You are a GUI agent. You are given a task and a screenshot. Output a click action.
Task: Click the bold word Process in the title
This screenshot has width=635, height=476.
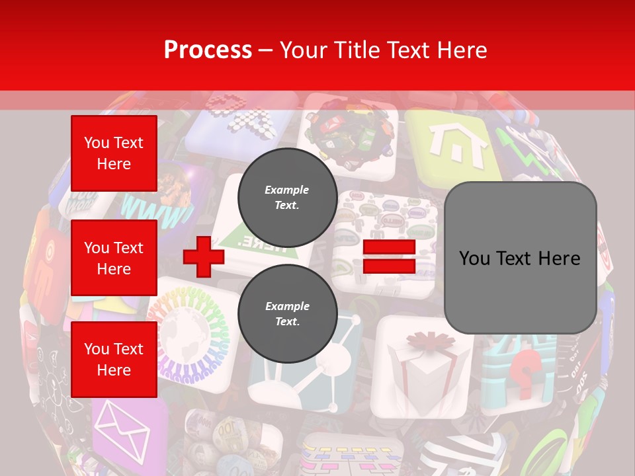coord(208,50)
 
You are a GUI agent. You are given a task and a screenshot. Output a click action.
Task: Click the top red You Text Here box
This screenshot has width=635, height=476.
coord(114,153)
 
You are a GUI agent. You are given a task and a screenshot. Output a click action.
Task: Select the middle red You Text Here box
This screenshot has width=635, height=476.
coord(114,258)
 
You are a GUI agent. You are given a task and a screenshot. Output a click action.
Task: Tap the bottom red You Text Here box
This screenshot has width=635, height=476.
coord(114,360)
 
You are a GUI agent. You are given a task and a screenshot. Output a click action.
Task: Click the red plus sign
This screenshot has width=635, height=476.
coord(203,257)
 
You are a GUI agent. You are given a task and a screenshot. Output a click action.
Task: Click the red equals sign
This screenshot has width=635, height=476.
coord(389,257)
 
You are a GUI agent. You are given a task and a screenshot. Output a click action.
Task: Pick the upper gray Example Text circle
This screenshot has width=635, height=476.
coord(287,197)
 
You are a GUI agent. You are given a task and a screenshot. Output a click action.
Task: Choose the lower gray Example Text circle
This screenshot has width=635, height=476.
coord(287,313)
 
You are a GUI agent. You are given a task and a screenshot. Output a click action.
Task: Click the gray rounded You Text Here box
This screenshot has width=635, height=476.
coord(520,258)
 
